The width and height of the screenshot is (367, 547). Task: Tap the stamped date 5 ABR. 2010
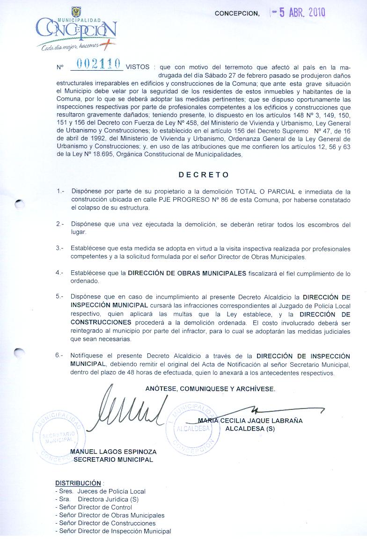coord(300,13)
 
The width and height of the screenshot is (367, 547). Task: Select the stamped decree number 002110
coord(96,66)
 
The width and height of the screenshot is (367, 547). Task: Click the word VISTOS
coord(138,67)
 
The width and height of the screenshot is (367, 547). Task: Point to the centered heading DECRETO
coord(204,175)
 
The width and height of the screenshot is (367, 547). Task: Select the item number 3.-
coord(60,248)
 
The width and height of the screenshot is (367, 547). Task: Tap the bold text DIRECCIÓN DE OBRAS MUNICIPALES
coord(187,273)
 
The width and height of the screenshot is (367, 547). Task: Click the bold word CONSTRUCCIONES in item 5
coord(101,322)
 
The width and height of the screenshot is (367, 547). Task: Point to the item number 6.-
coord(60,355)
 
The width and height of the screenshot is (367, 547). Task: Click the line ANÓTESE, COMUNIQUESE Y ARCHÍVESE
coord(210,388)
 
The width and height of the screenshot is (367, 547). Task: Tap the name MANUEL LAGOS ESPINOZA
coord(113,452)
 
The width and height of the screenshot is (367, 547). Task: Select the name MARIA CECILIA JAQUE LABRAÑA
coord(250,421)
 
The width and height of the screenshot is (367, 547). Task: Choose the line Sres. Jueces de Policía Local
coord(100,491)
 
